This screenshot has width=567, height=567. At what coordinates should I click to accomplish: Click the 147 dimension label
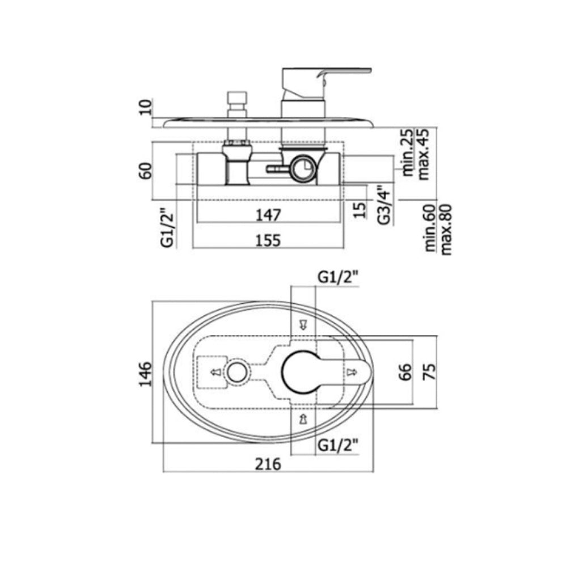click(268, 215)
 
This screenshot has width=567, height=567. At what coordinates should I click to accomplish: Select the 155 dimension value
click(268, 240)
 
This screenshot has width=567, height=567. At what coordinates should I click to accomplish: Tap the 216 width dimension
click(268, 464)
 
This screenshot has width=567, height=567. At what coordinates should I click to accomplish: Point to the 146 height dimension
click(145, 374)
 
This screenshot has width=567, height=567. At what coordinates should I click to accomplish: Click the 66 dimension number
click(405, 372)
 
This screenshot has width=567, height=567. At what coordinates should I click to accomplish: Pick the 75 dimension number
click(430, 372)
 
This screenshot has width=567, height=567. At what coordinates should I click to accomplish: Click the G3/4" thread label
click(384, 205)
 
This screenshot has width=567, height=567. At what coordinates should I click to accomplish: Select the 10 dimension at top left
click(146, 107)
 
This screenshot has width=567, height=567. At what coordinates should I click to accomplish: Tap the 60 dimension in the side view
click(146, 171)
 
